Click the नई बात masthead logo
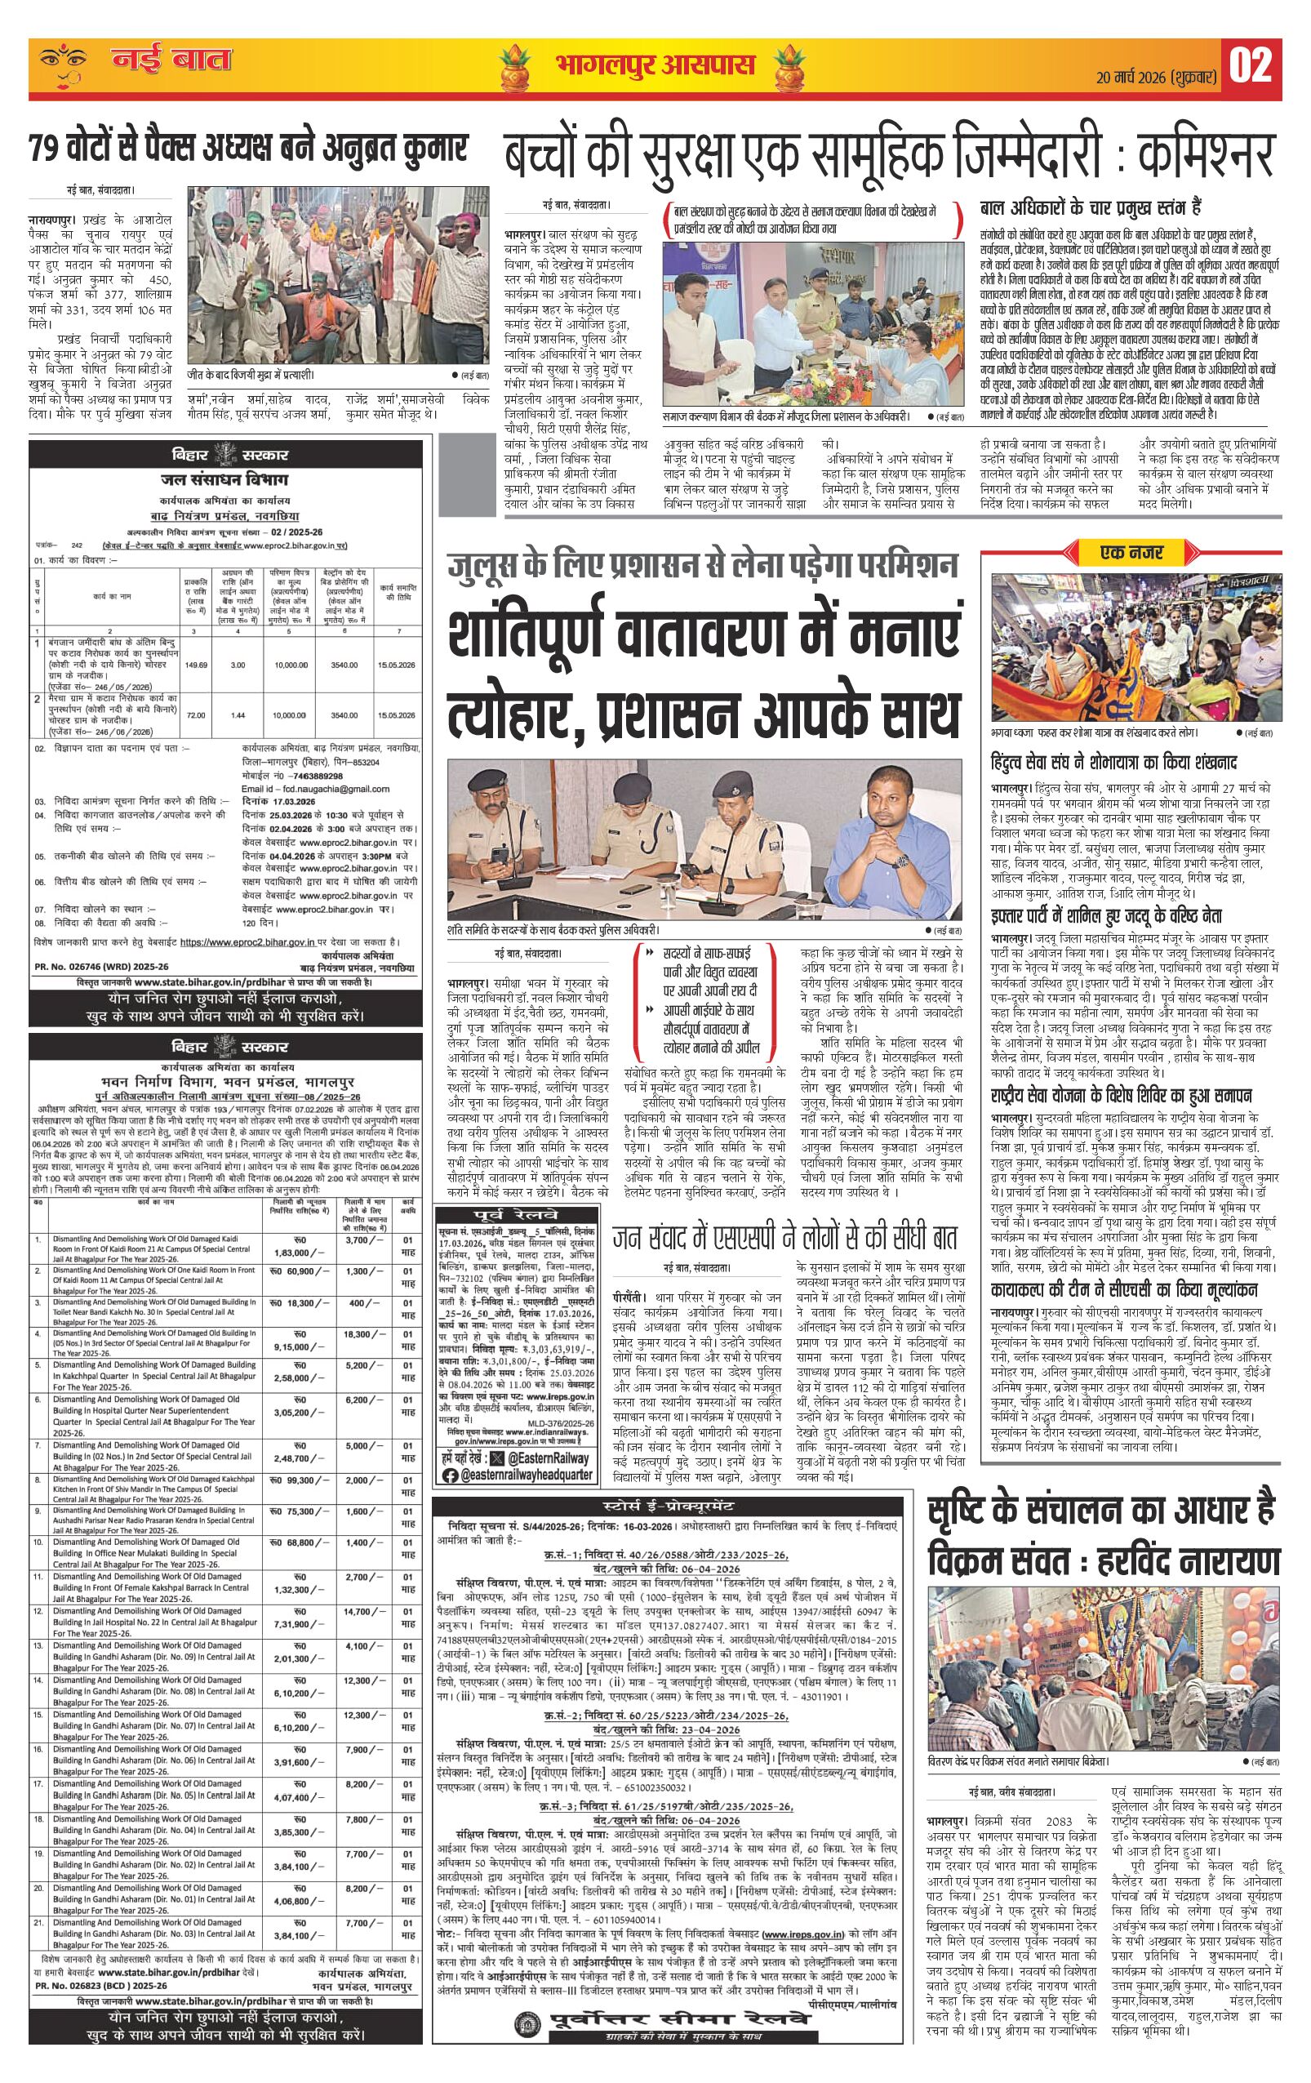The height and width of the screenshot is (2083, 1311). [x=171, y=61]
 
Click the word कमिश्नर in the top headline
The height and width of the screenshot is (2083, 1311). [x=1207, y=158]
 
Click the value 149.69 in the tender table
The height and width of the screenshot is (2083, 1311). [x=196, y=665]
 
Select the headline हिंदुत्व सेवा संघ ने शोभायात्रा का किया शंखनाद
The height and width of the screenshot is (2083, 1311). [x=1116, y=763]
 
